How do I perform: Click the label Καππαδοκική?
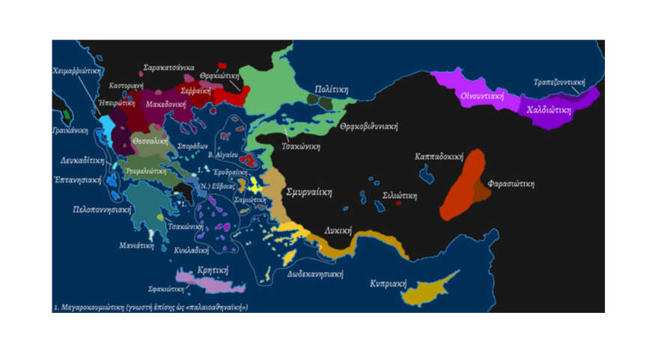coord(439,157)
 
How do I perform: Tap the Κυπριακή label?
coord(388,284)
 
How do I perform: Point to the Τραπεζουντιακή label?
coord(558,82)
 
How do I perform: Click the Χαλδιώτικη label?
coord(549,109)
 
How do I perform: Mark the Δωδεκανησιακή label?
coord(315,274)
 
